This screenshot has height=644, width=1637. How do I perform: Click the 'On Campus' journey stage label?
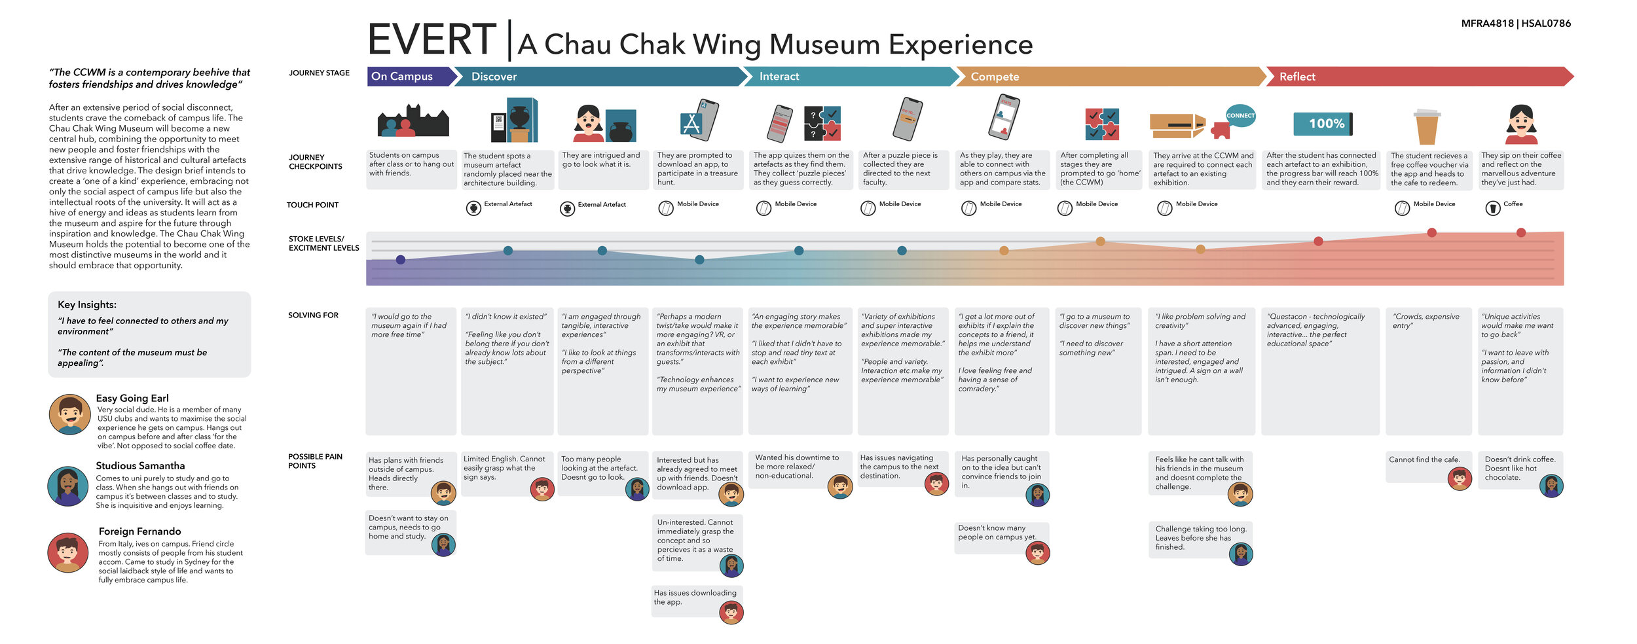pos(402,77)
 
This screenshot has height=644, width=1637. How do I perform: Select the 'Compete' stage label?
pos(995,77)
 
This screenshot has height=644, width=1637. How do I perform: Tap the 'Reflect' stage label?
pos(1297,77)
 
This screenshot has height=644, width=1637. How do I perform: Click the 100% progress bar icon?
pos(1322,124)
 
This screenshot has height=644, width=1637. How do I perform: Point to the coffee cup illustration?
pos(1427,126)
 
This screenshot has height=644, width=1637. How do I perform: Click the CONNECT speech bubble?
pos(1240,116)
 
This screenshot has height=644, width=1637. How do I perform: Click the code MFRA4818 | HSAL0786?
pos(1516,24)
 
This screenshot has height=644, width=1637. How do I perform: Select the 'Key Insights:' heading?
pos(87,304)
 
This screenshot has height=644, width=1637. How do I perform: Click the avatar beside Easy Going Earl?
pos(69,414)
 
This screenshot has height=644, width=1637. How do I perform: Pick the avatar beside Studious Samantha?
pos(67,486)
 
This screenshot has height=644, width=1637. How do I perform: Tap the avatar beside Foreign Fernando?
pos(67,552)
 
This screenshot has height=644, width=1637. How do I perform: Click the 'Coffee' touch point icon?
pos(1493,208)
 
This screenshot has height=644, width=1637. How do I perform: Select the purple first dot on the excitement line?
pos(401,260)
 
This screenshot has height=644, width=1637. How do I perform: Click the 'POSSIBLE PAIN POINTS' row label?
pos(315,461)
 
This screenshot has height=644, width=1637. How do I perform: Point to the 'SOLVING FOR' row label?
pos(313,315)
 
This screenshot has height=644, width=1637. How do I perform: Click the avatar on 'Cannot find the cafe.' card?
pos(1460,478)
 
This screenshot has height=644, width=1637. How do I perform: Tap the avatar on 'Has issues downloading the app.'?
pos(731,612)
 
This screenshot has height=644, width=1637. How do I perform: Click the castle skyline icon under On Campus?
pos(413,121)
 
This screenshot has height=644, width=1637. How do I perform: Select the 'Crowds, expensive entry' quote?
pos(1425,321)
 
